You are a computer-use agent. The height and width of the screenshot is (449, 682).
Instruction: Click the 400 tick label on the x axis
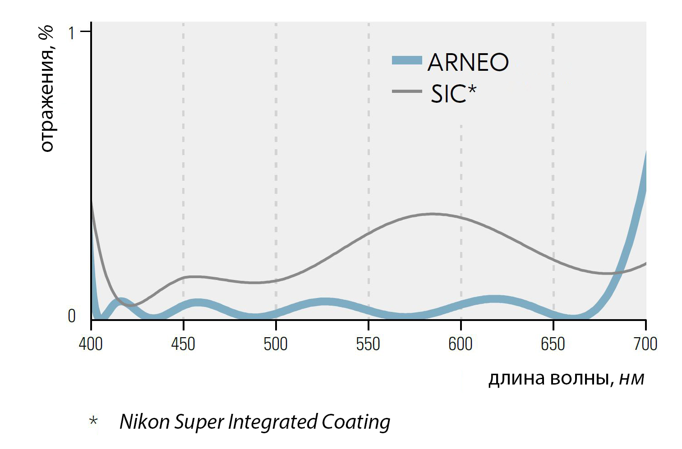[x=91, y=344]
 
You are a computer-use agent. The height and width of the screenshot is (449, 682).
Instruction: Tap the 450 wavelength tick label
[x=183, y=344]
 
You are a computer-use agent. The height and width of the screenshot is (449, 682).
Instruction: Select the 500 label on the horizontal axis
[x=276, y=344]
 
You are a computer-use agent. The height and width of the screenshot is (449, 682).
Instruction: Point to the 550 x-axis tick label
[x=368, y=344]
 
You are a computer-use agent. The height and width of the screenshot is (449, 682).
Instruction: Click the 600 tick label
[x=461, y=344]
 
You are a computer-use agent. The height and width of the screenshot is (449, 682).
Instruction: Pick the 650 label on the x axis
[x=553, y=344]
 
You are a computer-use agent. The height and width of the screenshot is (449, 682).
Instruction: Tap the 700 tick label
[x=645, y=344]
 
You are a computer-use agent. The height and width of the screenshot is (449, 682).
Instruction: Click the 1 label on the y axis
[x=71, y=33]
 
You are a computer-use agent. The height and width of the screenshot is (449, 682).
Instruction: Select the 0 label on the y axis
[x=72, y=316]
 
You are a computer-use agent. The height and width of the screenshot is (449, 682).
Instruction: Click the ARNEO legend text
[x=468, y=62]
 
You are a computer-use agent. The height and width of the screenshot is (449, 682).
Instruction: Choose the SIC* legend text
[x=453, y=93]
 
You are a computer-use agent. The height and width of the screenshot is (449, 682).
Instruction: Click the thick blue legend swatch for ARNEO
[x=407, y=60]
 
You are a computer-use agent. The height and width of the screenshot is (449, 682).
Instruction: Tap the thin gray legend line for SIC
[x=407, y=92]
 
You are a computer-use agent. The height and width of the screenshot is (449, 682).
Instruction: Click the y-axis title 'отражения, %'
[x=47, y=89]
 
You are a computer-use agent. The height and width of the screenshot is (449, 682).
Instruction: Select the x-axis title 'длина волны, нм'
[x=567, y=379]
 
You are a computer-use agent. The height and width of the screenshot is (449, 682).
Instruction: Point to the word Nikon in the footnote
[x=145, y=422]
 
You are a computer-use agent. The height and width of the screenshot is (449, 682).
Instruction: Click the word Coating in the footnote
[x=356, y=422]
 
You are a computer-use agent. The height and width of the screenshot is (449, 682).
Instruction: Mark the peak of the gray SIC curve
[x=432, y=214]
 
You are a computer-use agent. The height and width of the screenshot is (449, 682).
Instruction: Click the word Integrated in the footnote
[x=273, y=422]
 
